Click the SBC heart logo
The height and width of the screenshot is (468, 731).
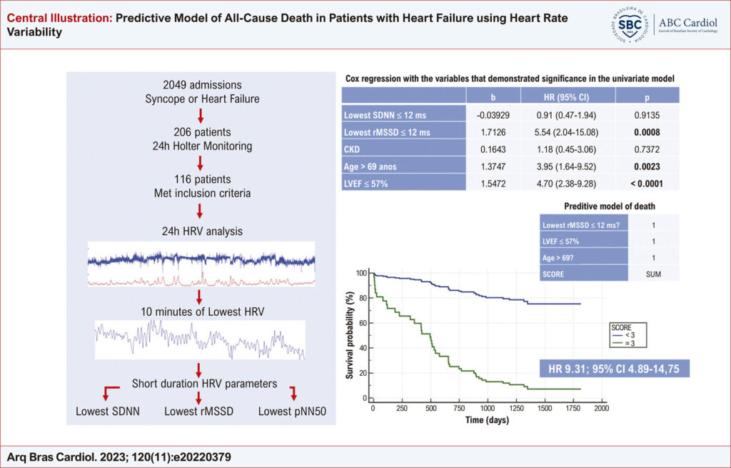(x=630, y=25)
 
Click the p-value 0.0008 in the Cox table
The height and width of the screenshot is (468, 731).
(x=647, y=132)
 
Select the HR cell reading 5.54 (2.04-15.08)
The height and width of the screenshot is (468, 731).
(x=566, y=132)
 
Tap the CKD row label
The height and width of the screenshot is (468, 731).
(x=352, y=149)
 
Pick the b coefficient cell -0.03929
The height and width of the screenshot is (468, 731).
(x=493, y=115)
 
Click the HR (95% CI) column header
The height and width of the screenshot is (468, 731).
(x=566, y=97)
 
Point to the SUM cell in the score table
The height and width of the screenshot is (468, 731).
(x=654, y=274)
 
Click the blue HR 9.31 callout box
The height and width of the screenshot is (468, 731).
(x=614, y=369)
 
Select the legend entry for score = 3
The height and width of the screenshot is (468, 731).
(x=623, y=344)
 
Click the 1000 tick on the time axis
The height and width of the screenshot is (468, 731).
(x=488, y=408)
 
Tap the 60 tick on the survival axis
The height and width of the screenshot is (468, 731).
(x=362, y=323)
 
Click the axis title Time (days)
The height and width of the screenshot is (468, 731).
(x=487, y=420)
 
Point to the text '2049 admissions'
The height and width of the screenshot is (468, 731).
(x=202, y=85)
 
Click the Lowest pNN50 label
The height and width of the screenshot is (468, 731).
(x=292, y=412)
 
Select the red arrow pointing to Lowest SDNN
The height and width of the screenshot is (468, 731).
(x=111, y=393)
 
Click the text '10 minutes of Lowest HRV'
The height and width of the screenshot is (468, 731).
(x=202, y=312)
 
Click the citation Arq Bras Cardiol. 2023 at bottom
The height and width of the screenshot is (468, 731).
(x=119, y=457)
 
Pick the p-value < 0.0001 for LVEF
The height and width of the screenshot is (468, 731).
(x=647, y=184)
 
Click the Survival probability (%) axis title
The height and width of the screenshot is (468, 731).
(x=351, y=335)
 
